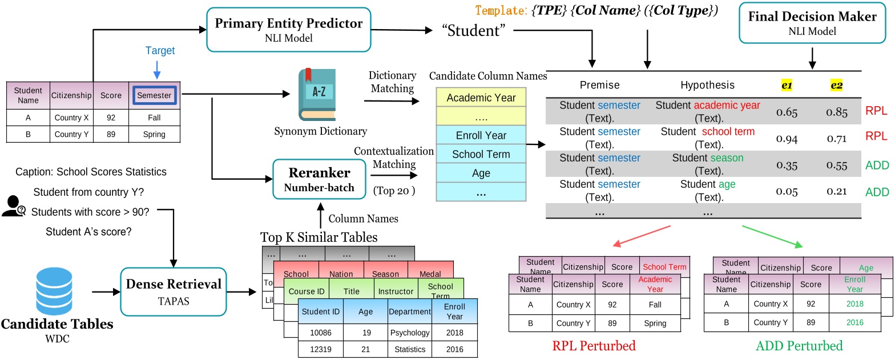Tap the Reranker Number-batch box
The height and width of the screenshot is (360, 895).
pos(319,179)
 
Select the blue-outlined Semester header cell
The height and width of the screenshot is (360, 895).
pos(154,95)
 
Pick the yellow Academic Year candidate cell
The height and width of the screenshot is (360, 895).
pos(481,98)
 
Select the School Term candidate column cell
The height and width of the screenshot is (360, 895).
pos(481,154)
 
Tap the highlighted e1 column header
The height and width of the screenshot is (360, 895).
pos(786,85)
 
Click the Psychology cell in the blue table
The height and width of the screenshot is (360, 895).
pos(409,331)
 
